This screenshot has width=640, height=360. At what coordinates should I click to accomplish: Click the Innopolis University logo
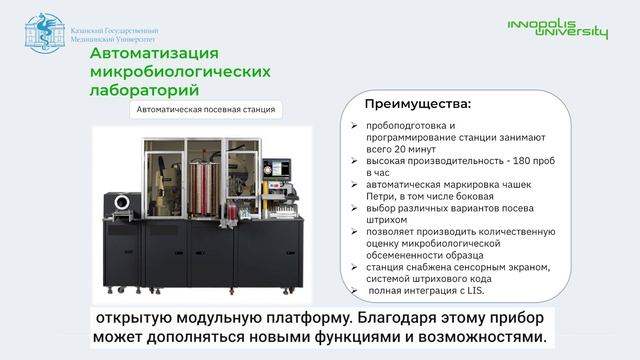point(558,29)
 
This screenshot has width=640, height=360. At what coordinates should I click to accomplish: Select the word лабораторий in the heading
point(144,90)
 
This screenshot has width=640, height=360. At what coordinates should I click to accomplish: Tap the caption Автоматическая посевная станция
point(205,110)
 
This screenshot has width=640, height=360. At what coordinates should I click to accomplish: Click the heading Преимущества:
point(417,103)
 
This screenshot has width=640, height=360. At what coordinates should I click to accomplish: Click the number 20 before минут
point(403,148)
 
